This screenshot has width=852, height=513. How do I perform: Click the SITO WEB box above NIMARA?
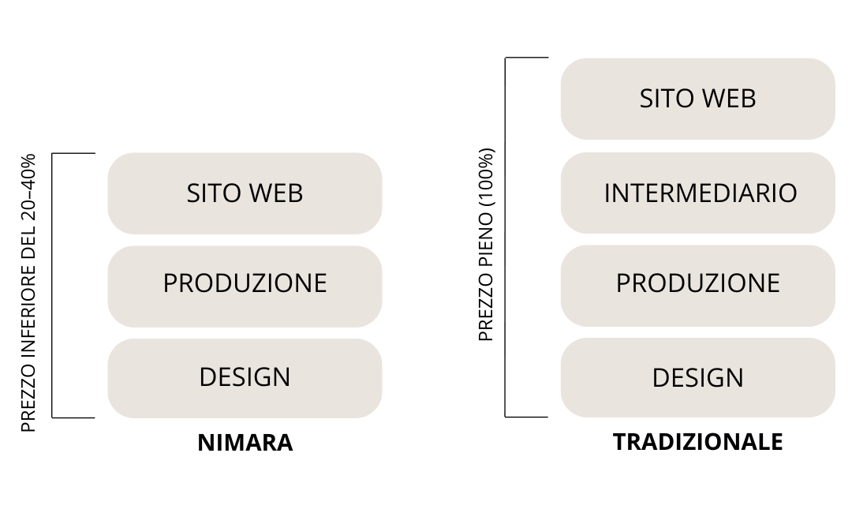245,193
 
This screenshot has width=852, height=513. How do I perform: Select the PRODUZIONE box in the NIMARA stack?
245,286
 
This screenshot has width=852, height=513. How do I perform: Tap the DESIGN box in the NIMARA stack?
245,378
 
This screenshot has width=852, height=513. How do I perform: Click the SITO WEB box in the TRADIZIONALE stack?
697,99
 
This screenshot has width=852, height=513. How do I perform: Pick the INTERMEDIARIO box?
697,193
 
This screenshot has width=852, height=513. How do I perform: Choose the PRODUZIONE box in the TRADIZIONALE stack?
697,286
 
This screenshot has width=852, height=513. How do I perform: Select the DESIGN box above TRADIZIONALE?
697,378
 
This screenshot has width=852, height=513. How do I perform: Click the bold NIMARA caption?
245,442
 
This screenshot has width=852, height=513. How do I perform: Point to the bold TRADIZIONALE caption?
697,442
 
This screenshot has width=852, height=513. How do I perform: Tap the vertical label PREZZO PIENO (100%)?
486,245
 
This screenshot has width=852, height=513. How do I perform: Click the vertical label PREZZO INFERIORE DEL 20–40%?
28,293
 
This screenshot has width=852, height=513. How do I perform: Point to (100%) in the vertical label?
486,177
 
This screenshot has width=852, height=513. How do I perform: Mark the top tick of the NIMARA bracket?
73,154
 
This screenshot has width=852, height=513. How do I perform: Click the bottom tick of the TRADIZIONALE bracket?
526,417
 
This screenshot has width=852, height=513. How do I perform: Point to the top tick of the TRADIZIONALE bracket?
526,58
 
